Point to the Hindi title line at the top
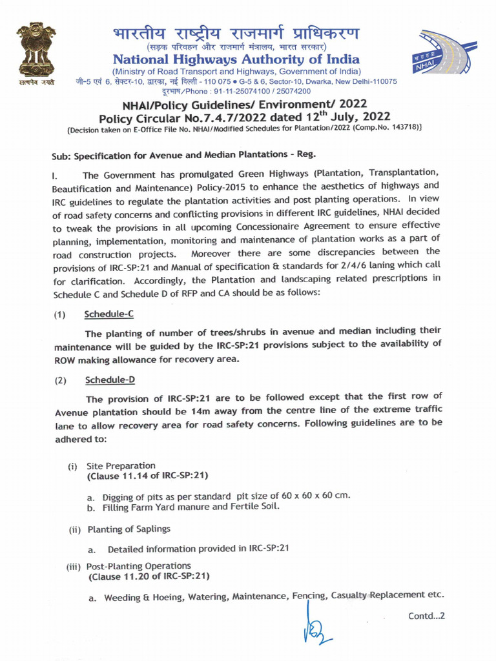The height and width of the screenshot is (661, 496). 236,34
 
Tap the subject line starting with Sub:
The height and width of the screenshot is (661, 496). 184,156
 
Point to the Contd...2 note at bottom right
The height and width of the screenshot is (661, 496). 426,616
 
